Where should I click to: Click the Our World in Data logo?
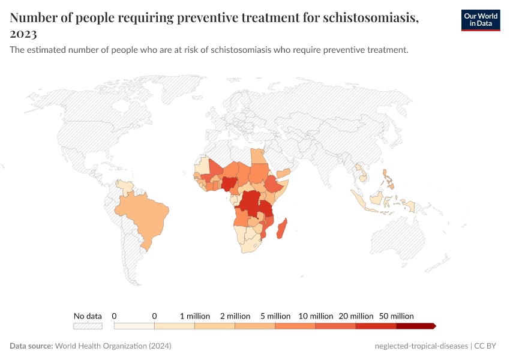coord(480,20)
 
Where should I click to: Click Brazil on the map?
coord(144,216)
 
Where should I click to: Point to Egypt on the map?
coord(259,157)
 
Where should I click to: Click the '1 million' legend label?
coord(195,316)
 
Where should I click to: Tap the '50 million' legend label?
coord(397,316)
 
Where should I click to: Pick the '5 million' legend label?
coord(275,316)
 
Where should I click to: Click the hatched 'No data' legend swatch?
coord(88,326)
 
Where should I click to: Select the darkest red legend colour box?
coord(415,326)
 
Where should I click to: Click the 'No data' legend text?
coord(88,316)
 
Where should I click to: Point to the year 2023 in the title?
coord(23,34)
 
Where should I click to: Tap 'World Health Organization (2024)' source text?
coord(113,346)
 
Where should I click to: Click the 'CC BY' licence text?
coord(487,346)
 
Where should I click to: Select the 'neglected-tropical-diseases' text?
coord(420,346)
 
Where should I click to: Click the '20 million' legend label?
coord(356,316)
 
